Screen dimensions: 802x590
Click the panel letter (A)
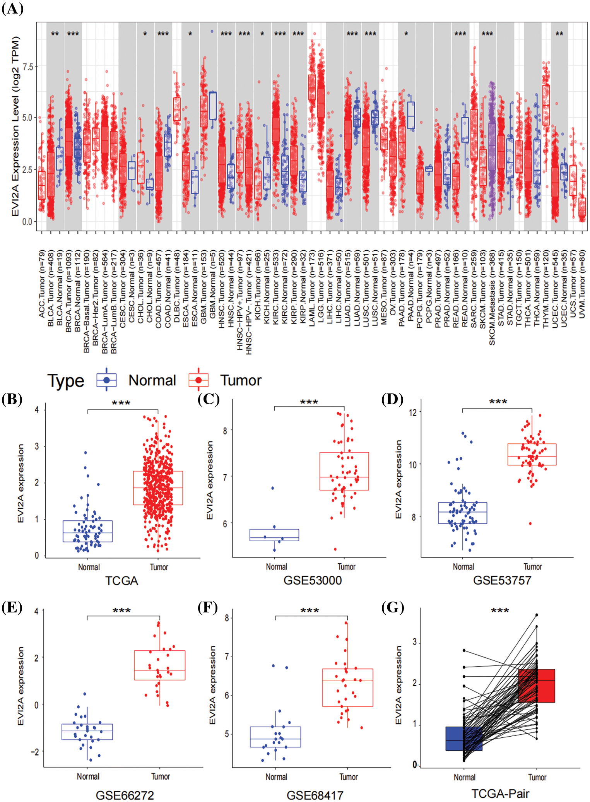click(12, 9)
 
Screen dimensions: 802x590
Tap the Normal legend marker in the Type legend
click(106, 380)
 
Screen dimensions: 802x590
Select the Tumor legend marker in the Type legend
click(198, 380)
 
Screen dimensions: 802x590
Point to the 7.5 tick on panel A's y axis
click(28, 67)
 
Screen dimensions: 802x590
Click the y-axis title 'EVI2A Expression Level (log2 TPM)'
click(15, 127)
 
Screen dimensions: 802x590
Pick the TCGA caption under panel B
click(121, 581)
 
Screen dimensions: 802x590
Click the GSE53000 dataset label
click(313, 580)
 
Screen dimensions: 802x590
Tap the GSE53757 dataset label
click(502, 580)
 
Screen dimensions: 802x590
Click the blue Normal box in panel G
click(464, 739)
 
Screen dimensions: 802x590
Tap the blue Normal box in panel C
click(274, 535)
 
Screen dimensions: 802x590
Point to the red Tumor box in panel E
click(159, 665)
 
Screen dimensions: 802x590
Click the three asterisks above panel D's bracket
click(498, 402)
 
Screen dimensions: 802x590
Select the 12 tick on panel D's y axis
click(413, 412)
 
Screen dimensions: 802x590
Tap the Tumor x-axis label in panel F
click(349, 777)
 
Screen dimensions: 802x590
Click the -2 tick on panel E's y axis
click(35, 752)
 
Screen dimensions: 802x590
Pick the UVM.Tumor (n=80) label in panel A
click(582, 284)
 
